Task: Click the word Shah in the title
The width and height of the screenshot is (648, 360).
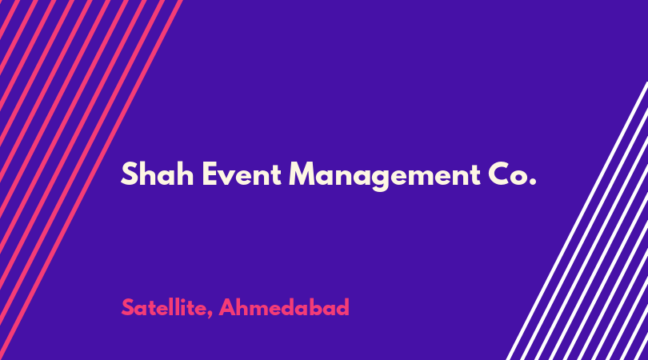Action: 158,174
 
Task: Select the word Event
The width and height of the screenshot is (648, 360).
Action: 242,174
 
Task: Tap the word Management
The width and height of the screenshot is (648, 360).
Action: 384,176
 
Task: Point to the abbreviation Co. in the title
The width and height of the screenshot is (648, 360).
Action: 512,174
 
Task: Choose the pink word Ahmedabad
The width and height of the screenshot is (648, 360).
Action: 284,307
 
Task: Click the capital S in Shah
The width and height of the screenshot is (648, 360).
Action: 129,174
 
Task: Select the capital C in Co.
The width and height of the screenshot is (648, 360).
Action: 499,174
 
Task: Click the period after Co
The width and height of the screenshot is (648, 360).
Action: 532,182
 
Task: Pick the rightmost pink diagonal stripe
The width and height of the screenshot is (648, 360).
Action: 90,180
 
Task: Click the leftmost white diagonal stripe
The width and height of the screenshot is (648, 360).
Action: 578,221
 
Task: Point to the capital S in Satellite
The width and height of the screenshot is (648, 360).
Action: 128,307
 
